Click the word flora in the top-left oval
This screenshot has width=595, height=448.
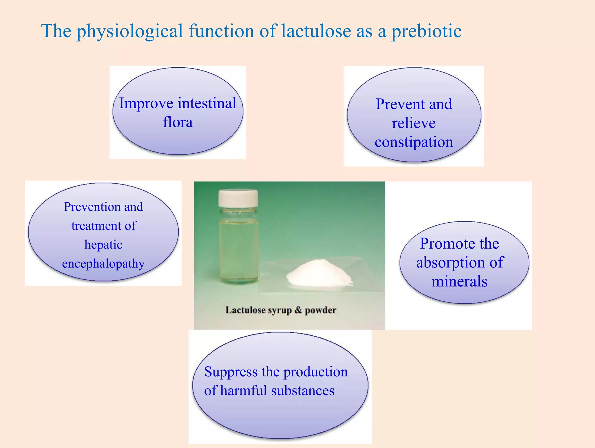click(x=178, y=122)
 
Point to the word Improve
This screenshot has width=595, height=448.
click(x=146, y=104)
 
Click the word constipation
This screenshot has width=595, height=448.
click(x=414, y=142)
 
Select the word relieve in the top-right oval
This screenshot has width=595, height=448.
click(x=414, y=123)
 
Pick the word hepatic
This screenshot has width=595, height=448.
click(x=103, y=245)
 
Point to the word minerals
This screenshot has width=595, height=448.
click(x=459, y=281)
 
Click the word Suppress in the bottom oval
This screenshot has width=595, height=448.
click(x=231, y=372)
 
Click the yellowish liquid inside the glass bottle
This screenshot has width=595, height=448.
click(x=238, y=250)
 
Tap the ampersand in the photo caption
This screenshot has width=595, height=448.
click(x=298, y=310)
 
